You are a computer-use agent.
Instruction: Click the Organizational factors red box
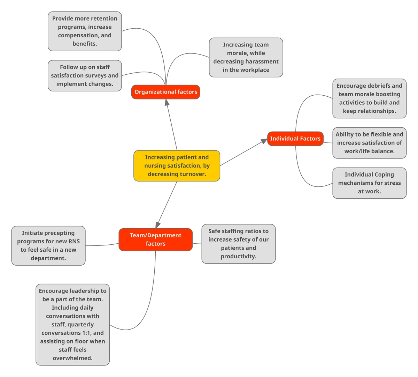[165, 92]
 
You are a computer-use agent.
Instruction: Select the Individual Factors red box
[295, 139]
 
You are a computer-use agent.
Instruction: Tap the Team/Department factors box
[155, 239]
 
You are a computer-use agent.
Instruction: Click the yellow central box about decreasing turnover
[177, 166]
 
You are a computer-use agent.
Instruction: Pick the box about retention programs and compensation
[85, 31]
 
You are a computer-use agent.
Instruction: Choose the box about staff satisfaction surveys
[85, 75]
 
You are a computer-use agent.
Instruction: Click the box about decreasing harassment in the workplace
[246, 57]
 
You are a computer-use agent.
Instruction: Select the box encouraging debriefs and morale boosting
[369, 98]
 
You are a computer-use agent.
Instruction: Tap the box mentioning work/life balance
[369, 143]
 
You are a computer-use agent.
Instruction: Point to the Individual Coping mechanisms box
[369, 183]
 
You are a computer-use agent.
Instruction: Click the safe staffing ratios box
[238, 244]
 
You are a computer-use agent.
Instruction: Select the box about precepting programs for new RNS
[48, 245]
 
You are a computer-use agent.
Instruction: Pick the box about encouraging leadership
[72, 324]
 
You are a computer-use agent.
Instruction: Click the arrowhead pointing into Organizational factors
[167, 103]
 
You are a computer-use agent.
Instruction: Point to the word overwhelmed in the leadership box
[72, 358]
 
